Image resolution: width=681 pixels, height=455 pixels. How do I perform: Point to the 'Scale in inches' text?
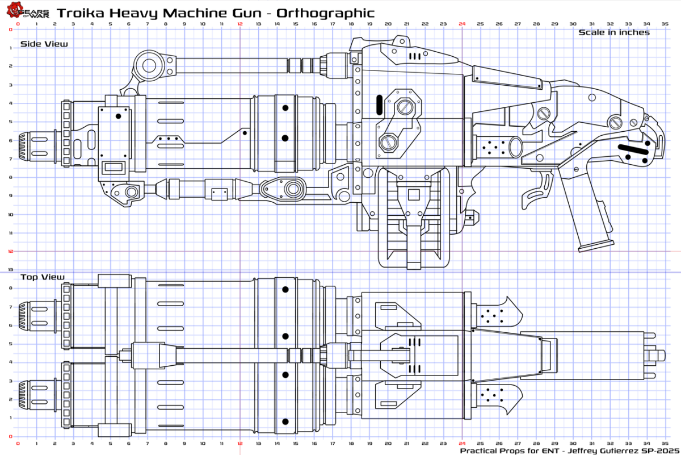coord(614,32)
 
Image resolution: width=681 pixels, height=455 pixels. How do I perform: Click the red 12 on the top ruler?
coord(240,24)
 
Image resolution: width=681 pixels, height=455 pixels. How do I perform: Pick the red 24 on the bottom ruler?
coord(462,443)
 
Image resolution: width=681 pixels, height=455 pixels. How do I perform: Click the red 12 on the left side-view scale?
coord(11,251)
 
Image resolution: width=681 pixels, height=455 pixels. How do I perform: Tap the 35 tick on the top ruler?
coord(665,24)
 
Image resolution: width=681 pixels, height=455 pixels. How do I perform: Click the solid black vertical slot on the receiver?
coord(379,105)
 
